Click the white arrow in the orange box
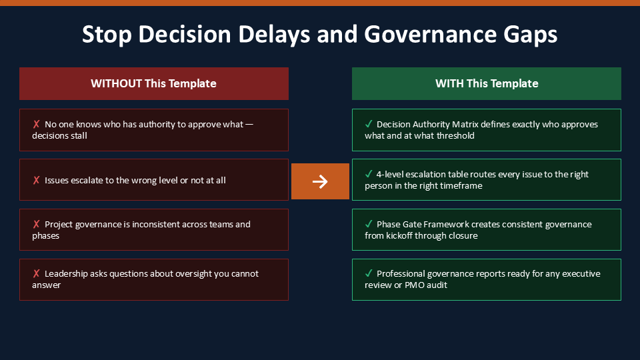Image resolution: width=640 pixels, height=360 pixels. (320, 181)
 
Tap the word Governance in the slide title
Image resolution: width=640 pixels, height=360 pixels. (430, 34)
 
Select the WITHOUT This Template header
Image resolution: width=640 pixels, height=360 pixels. (154, 84)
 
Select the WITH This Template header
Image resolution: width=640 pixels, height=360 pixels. (487, 84)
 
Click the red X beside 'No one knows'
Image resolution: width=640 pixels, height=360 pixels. (36, 124)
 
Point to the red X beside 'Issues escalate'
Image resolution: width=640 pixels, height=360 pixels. (36, 180)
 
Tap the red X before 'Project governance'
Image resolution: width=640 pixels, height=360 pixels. (36, 224)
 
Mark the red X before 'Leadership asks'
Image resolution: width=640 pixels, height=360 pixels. (36, 273)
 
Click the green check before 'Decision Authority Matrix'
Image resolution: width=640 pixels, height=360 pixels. (369, 124)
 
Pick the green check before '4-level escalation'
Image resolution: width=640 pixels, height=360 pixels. (369, 174)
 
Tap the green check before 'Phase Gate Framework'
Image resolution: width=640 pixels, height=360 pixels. (369, 224)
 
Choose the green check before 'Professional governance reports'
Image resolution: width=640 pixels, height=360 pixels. (369, 273)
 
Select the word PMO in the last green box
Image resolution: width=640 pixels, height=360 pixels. (414, 285)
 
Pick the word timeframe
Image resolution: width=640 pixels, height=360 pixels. (463, 186)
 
